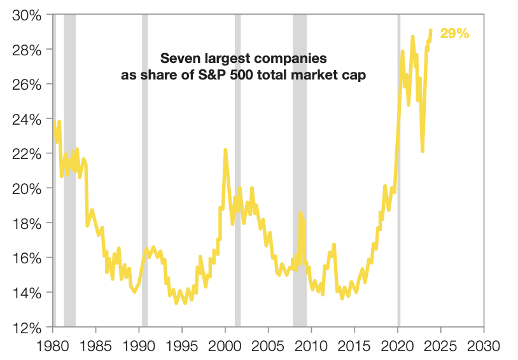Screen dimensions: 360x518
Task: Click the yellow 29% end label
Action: click(x=454, y=34)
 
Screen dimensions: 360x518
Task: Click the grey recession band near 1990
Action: click(x=145, y=191)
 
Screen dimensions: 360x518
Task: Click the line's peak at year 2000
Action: click(x=225, y=150)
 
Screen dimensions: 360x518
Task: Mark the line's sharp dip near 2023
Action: click(x=422, y=151)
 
